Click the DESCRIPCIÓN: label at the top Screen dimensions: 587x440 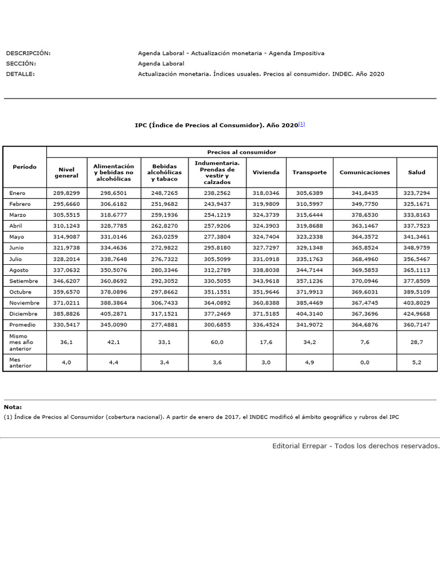pyautogui.click(x=28, y=53)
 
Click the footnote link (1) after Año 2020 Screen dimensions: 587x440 pyautogui.click(x=302, y=124)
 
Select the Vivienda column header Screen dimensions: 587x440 pyautogui.click(x=266, y=172)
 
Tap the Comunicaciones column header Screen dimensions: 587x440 pyautogui.click(x=364, y=172)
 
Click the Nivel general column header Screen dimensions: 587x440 pyautogui.click(x=66, y=173)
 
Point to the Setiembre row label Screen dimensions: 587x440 pyautogui.click(x=24, y=281)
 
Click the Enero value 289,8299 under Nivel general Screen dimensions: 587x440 pyautogui.click(x=66, y=194)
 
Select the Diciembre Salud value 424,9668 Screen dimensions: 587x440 pyautogui.click(x=417, y=314)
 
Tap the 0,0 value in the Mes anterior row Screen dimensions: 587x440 pyautogui.click(x=364, y=363)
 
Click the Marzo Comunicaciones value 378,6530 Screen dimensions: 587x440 pyautogui.click(x=364, y=216)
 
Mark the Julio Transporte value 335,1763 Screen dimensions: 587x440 pyautogui.click(x=309, y=259)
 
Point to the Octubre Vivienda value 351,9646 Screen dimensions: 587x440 pyautogui.click(x=266, y=292)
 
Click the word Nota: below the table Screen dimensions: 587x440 pyautogui.click(x=13, y=406)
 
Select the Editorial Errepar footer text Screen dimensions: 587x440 pyautogui.click(x=356, y=445)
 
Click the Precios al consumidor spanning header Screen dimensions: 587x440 pyautogui.click(x=241, y=152)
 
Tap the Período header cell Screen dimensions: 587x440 pyautogui.click(x=25, y=167)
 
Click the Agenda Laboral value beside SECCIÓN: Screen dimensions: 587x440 pyautogui.click(x=161, y=64)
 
